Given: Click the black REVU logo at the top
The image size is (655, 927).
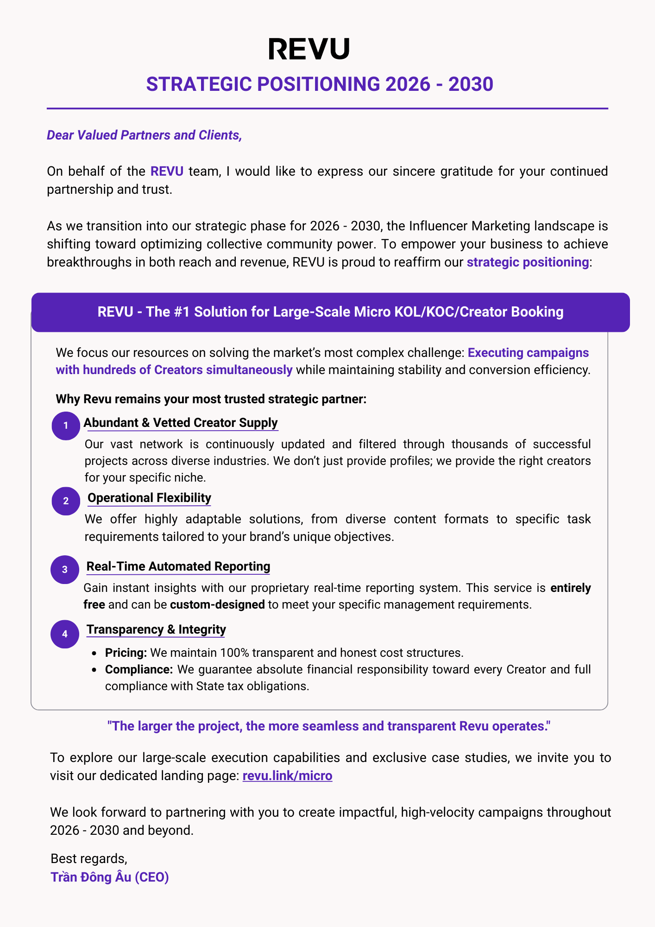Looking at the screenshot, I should [309, 49].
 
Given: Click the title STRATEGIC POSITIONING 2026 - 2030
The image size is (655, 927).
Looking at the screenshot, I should [320, 84].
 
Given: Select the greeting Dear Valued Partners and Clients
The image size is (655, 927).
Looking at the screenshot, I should [144, 135].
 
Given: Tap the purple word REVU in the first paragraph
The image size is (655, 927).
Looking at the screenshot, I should [167, 171].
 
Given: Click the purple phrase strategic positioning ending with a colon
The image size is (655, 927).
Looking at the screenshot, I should [528, 262].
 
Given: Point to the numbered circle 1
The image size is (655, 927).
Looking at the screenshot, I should [66, 425].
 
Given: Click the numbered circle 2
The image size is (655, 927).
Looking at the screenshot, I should [66, 501].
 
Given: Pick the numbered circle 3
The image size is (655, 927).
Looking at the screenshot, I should [65, 570].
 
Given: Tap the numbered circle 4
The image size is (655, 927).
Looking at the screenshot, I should [65, 634].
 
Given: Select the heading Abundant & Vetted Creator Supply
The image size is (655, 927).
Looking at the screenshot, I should [181, 423].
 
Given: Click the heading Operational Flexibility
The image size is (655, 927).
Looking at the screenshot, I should [149, 498].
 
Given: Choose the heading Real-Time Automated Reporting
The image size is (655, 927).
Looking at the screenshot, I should [178, 566].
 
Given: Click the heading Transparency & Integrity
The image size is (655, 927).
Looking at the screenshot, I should [156, 629].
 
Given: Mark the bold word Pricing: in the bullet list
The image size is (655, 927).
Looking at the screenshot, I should [126, 653].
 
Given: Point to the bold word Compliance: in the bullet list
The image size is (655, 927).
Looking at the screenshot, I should [139, 669].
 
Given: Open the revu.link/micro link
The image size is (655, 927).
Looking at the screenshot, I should [287, 775].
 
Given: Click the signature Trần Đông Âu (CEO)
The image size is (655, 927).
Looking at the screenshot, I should [109, 877].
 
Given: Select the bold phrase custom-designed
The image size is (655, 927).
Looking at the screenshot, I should [218, 604].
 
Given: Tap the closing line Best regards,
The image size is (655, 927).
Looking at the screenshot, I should [88, 858].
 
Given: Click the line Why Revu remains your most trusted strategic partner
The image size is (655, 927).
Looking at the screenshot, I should [211, 399].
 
